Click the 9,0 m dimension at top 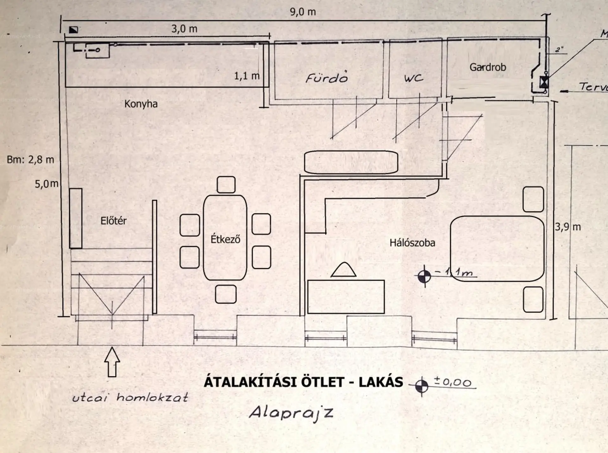(303, 12)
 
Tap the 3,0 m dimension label (184, 29)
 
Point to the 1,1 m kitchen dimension (246, 76)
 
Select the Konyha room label (141, 104)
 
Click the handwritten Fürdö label (327, 78)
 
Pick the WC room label (413, 78)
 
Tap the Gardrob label (487, 67)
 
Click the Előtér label (113, 221)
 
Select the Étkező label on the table (225, 239)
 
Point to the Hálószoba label (412, 243)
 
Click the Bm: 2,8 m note (30, 160)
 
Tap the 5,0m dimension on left (46, 184)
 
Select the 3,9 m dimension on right (567, 227)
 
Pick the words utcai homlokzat (130, 398)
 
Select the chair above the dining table (226, 185)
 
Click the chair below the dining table (225, 294)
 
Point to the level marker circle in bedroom (424, 277)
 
